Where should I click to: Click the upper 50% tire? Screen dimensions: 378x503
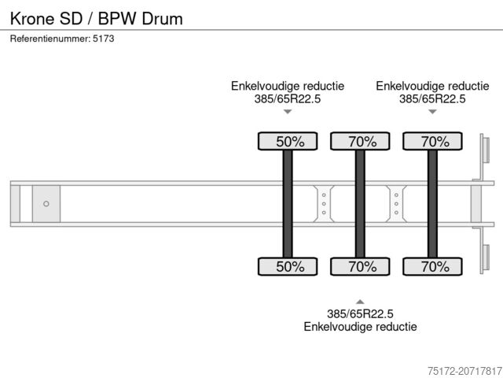288,142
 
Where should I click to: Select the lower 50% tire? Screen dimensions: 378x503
288,266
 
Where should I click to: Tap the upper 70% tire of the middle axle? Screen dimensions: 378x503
360,142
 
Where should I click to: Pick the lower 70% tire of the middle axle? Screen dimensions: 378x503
360,266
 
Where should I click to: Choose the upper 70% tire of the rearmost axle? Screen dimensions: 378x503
432,142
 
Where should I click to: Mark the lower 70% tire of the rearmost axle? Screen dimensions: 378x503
432,266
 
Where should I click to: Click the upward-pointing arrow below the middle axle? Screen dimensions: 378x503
360,301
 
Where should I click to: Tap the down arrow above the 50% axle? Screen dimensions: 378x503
288,112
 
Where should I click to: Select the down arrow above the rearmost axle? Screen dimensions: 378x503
432,112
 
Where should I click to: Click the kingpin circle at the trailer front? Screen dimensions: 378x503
46,204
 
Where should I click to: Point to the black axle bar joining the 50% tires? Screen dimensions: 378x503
288,204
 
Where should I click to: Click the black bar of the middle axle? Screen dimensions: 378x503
360,204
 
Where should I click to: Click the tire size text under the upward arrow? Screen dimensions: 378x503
360,313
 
